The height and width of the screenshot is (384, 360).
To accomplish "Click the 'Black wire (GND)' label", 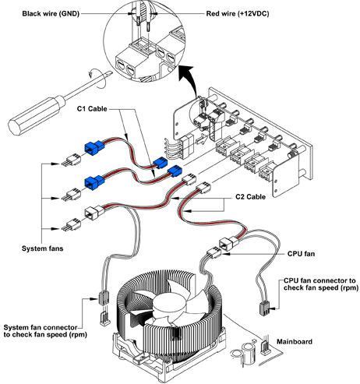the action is pos(51,13).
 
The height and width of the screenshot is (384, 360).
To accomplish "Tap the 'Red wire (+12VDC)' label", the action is pos(238,13).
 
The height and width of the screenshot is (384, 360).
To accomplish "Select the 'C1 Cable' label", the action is pos(92,108).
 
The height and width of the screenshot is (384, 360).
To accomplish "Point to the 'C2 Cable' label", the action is pos(250,196).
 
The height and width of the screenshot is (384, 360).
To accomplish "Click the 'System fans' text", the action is pos(42,248).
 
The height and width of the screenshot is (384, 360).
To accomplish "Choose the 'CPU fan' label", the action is pos(301,253).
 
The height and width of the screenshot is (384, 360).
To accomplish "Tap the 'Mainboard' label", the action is pos(295,341).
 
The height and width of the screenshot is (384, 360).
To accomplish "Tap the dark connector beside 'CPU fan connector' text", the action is pos(264,308).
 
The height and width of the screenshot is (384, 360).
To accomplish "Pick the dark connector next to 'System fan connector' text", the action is pos(103,298).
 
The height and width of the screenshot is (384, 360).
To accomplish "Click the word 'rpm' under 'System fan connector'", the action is pos(77,335).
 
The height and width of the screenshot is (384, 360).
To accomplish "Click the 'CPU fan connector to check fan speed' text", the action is pos(319,284).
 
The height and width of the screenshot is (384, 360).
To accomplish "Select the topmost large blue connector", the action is pos(94,148).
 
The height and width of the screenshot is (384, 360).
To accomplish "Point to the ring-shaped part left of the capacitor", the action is pos(236,354).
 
